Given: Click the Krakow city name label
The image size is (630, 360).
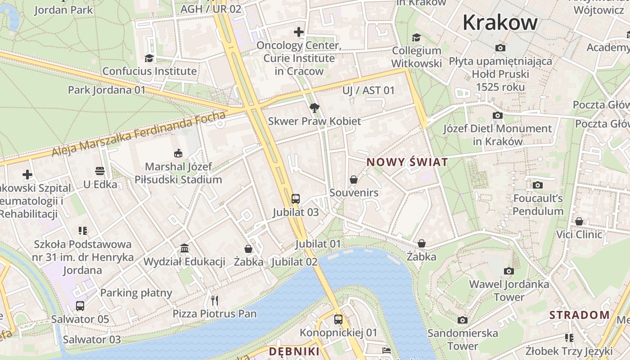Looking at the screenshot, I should [x=500, y=22].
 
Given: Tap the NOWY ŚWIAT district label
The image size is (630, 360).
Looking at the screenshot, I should [x=407, y=162].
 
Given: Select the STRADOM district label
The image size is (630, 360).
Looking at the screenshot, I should [x=579, y=315].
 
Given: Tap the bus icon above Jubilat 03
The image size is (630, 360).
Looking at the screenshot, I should [x=296, y=199].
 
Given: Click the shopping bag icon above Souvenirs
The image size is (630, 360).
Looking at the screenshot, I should [x=354, y=180].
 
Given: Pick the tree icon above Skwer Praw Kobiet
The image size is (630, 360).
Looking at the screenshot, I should [x=315, y=108].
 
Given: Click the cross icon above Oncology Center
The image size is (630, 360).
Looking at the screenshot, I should [x=299, y=32].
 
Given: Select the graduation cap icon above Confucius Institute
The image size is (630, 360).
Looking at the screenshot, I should [x=149, y=58].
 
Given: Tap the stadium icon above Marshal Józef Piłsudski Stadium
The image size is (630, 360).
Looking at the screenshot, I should [x=178, y=153].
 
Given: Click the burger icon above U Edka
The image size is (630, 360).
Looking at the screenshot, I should [x=100, y=171].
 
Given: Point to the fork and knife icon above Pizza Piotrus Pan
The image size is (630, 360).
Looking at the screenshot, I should [x=215, y=300].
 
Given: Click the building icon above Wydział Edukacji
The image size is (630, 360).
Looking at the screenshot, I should [x=184, y=248].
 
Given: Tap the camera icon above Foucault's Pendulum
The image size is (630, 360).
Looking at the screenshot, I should [x=537, y=185].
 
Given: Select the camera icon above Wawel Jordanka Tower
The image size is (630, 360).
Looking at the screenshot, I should [x=509, y=271].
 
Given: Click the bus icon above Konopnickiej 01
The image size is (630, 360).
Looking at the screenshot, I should [x=338, y=319].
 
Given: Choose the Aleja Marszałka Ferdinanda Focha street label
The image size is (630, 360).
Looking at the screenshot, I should [x=139, y=134].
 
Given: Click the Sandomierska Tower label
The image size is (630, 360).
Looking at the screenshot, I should [x=463, y=340].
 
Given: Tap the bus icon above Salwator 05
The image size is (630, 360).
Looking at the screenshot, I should [x=80, y=306].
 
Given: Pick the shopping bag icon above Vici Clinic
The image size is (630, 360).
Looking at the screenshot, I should [x=579, y=221].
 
